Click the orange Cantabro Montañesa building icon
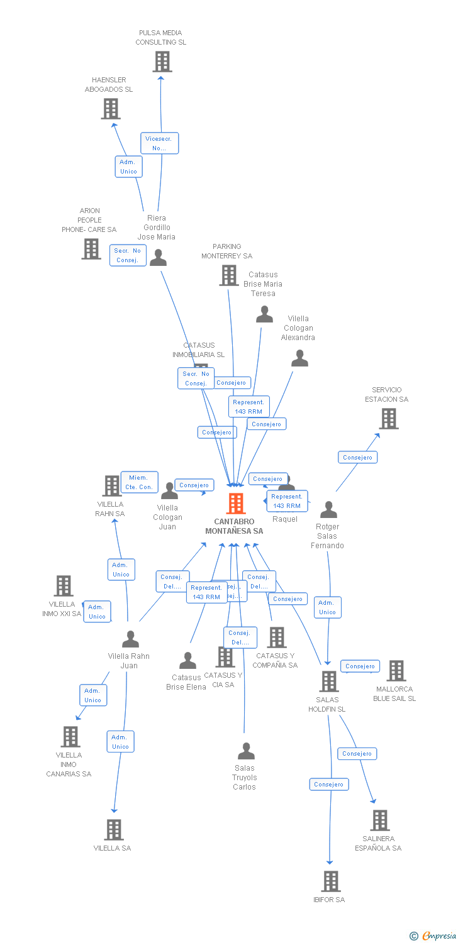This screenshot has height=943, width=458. click(x=236, y=504)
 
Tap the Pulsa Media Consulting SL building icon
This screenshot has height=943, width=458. click(x=162, y=62)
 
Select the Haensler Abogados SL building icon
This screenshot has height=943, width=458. click(x=111, y=109)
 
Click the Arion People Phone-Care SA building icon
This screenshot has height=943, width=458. click(x=91, y=249)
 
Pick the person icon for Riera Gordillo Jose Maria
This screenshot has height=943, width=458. click(x=158, y=258)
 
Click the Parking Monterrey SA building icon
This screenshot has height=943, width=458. click(x=228, y=275)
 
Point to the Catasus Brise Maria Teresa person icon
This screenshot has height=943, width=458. click(x=265, y=314)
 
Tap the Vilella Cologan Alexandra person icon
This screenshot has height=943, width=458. click(x=300, y=358)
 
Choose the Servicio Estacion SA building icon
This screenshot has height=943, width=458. click(x=389, y=419)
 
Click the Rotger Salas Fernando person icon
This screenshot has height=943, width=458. click(x=328, y=509)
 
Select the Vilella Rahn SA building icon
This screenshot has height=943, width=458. click(x=112, y=486)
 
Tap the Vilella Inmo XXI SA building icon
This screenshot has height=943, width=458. click(x=64, y=586)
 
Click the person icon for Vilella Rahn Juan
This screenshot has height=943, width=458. click(x=130, y=639)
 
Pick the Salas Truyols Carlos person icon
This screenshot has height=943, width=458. click(x=246, y=751)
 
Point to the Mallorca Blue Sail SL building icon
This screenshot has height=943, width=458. click(x=396, y=671)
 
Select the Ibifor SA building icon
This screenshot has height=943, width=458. click(x=330, y=881)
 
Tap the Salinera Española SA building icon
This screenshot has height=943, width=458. click(x=379, y=820)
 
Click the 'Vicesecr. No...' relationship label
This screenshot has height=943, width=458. click(x=159, y=143)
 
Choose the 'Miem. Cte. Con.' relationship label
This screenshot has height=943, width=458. click(x=139, y=482)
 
